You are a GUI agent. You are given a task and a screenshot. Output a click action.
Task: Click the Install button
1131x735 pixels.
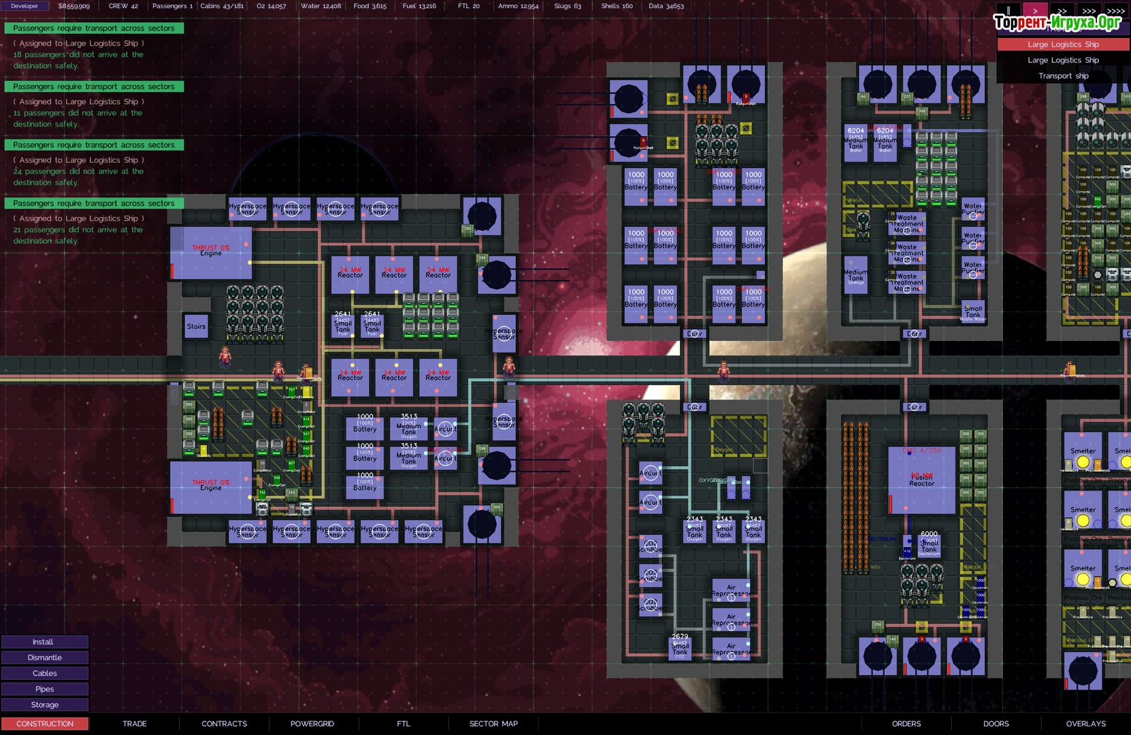coord(44,642)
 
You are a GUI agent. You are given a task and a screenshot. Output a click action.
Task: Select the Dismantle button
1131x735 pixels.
coord(44,657)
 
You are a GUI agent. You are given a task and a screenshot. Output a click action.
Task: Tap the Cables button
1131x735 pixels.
coord(44,673)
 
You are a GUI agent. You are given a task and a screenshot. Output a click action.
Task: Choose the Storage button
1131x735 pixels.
coord(44,705)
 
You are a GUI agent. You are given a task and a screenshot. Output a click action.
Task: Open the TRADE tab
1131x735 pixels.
coord(135,723)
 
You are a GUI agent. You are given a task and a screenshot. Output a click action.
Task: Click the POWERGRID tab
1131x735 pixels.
coord(312,723)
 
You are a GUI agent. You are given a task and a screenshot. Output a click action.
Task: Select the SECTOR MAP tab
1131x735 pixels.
coord(493,723)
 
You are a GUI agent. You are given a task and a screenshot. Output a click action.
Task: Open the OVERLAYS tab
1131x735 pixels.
coord(1085,723)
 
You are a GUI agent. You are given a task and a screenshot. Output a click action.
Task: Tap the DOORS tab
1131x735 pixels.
coord(996,723)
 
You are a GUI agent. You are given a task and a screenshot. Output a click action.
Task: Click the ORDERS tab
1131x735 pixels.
coord(906,723)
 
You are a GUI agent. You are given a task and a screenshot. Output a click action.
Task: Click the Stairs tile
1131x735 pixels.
coord(196,327)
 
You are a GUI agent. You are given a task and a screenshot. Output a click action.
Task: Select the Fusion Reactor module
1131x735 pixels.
coord(921,479)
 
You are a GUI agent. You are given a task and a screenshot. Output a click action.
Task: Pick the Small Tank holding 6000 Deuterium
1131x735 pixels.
coord(929,543)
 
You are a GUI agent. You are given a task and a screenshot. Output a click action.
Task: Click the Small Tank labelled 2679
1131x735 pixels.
coord(680,646)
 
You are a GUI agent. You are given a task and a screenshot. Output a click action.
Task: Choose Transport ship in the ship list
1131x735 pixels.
coord(1063,76)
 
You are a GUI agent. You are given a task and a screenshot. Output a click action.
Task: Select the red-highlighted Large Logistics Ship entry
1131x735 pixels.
coord(1063,44)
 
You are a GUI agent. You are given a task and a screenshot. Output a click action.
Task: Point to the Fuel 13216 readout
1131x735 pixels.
coord(419,6)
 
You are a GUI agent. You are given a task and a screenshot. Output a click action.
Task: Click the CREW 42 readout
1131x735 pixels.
coord(123,6)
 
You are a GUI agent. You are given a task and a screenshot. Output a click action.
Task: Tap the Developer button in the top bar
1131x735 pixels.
coord(24,6)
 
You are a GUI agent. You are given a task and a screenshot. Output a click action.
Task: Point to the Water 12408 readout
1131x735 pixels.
coord(321,6)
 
